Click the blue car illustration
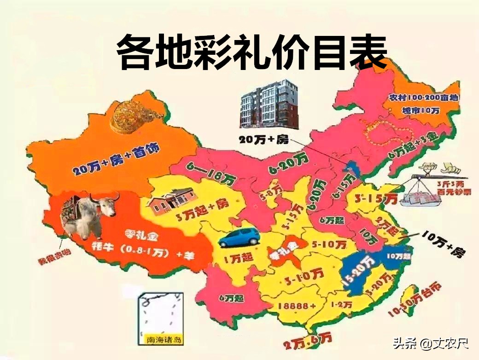pyautogui.click(x=239, y=238)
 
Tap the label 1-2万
pyautogui.click(x=342, y=304)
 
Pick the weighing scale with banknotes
pyautogui.click(x=426, y=184)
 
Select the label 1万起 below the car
pyautogui.click(x=239, y=259)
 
